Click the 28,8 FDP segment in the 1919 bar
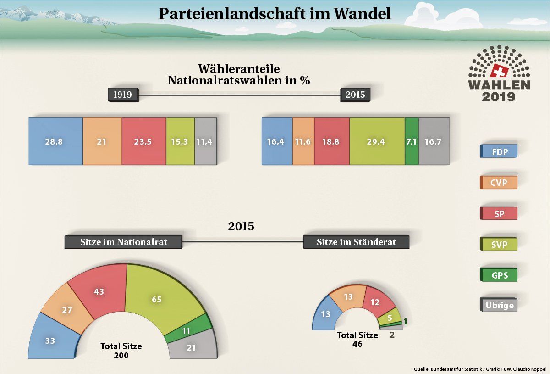click(x=55, y=141)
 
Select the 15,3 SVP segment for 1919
click(x=180, y=141)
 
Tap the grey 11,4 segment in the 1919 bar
click(x=205, y=141)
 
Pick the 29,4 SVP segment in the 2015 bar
click(x=377, y=141)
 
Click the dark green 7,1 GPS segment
click(x=412, y=141)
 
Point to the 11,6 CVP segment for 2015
click(x=303, y=141)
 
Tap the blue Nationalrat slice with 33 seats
click(x=51, y=340)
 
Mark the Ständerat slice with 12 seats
click(x=378, y=302)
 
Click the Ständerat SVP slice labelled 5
click(x=390, y=316)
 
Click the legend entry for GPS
click(x=499, y=275)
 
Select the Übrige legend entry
click(x=499, y=305)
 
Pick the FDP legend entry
click(x=499, y=151)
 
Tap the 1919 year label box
click(x=122, y=95)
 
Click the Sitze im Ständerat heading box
click(x=356, y=242)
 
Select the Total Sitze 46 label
click(x=357, y=339)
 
